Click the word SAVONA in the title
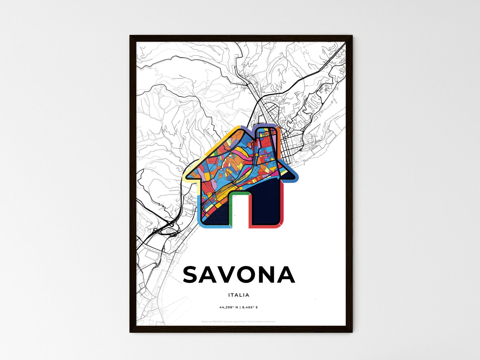[x=239, y=275]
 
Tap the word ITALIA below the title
[x=239, y=295]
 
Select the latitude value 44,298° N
[x=228, y=307]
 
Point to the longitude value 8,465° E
[x=250, y=307]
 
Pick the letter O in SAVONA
[x=262, y=275]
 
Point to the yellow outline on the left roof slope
[x=213, y=143]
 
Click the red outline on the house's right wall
[x=282, y=206]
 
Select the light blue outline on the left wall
[x=199, y=209]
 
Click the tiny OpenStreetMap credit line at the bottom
[x=239, y=321]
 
